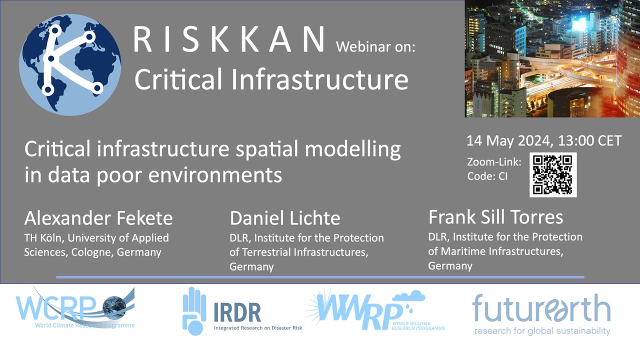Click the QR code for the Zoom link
coord(553,174)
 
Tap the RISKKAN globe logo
coord(70,65)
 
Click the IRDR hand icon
coord(194,311)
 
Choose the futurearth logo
coord(541,314)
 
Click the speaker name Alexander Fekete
coord(98,218)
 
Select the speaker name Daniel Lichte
coord(285,218)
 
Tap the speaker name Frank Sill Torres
coord(495,217)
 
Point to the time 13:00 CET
coord(589,140)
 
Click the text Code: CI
coord(487,176)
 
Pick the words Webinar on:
coord(375,46)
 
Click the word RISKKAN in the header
coord(229,39)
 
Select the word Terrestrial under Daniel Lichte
coord(265,252)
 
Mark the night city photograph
coord(552,58)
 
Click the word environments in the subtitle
coord(215,175)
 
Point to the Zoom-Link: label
coord(494,162)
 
